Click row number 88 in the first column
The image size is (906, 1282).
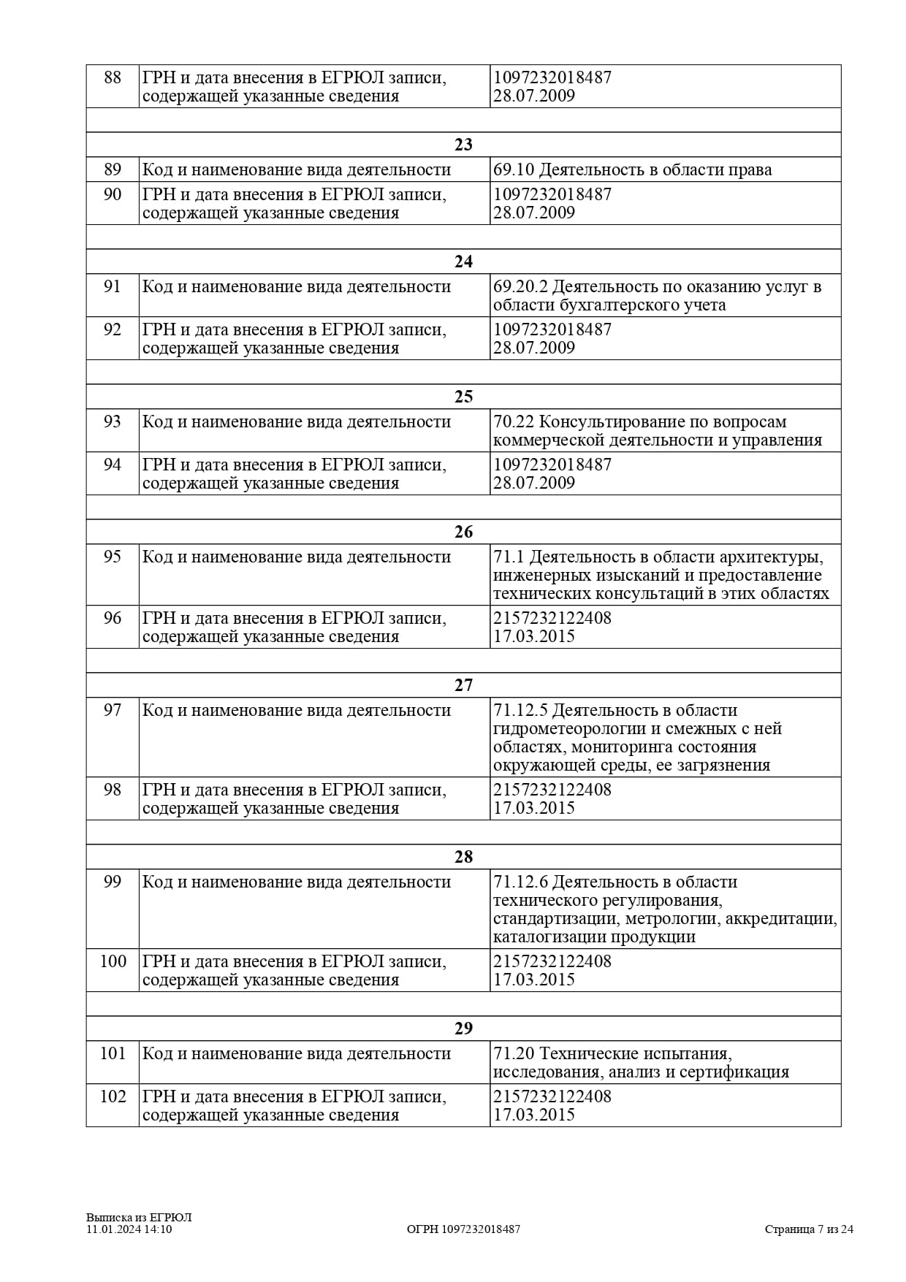coord(113,77)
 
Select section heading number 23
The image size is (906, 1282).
coord(463,145)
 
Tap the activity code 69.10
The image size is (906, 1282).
coord(514,170)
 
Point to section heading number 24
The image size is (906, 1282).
coord(463,262)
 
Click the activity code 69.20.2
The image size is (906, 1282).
coord(521,287)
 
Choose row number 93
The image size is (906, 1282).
coord(113,422)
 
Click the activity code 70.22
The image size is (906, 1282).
coord(514,422)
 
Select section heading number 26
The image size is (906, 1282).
coord(463,532)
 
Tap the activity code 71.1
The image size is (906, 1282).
coord(509,557)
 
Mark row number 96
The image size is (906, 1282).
coord(113,618)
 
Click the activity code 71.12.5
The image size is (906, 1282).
coord(521,711)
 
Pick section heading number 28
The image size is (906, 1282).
coord(463,857)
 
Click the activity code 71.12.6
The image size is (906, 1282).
coord(521,882)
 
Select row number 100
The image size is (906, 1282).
coord(113,961)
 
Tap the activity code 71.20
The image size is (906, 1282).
coord(514,1054)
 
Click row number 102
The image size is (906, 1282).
coord(113,1096)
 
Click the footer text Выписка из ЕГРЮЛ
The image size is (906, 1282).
coord(139,1218)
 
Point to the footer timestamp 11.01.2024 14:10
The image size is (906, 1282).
coord(129,1229)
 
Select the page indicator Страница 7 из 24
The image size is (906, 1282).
coord(809,1229)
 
